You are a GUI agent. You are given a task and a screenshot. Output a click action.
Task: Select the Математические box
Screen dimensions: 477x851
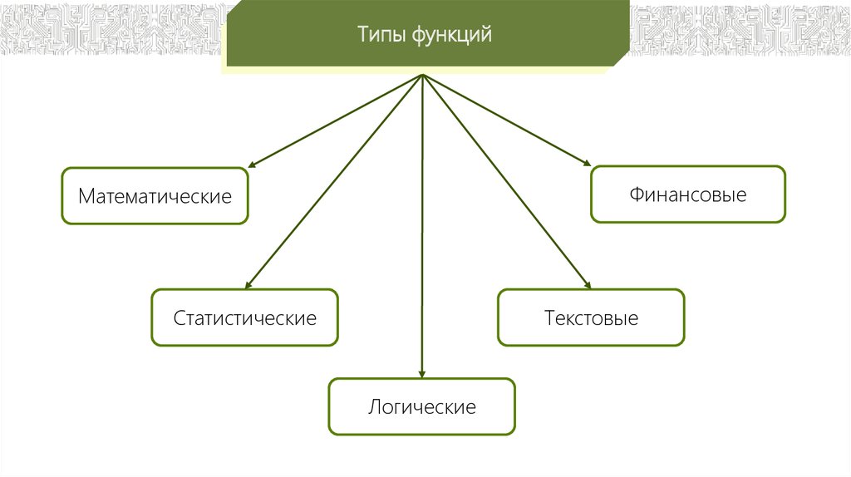pyautogui.click(x=155, y=196)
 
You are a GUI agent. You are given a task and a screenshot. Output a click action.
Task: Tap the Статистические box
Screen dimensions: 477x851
pyautogui.click(x=244, y=317)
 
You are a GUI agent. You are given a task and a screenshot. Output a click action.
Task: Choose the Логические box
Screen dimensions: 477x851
pyautogui.click(x=421, y=407)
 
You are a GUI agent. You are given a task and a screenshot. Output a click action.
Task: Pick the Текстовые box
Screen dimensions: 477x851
pyautogui.click(x=591, y=317)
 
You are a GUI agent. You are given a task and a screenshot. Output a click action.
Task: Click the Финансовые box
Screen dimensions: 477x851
pyautogui.click(x=687, y=194)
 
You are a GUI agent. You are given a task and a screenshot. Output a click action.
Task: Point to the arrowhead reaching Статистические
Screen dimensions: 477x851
pyautogui.click(x=248, y=284)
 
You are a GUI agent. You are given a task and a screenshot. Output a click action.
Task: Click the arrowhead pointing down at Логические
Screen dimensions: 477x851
pyautogui.click(x=422, y=374)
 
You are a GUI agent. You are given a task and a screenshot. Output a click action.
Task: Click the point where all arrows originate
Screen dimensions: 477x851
pyautogui.click(x=423, y=75)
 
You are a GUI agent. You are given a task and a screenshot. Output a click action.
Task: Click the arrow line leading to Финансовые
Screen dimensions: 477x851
pyautogui.click(x=507, y=120)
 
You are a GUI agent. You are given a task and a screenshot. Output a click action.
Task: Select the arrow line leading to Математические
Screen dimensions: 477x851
pyautogui.click(x=337, y=121)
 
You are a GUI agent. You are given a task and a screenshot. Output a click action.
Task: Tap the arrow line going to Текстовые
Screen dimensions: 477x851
pyautogui.click(x=507, y=183)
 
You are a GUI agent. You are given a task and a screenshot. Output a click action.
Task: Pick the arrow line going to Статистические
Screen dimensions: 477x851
pyautogui.click(x=332, y=183)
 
